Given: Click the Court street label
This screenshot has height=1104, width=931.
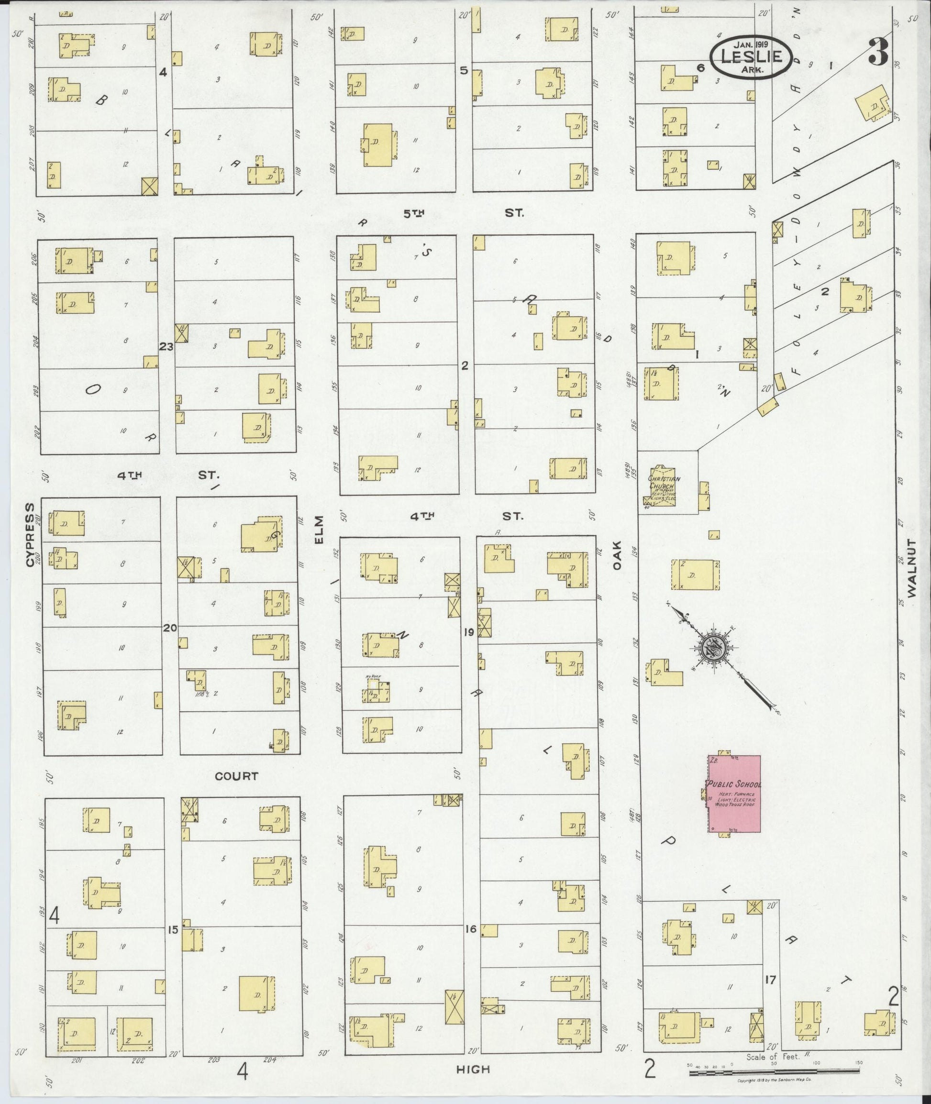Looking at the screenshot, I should (236, 776).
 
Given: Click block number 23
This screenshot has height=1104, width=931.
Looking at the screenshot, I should (166, 347).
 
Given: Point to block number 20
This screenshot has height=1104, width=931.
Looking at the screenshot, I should (169, 628).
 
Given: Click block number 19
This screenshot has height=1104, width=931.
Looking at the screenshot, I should (469, 632).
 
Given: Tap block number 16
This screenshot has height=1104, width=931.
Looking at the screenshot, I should (471, 929).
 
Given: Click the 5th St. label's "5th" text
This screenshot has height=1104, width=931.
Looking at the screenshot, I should (414, 213).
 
